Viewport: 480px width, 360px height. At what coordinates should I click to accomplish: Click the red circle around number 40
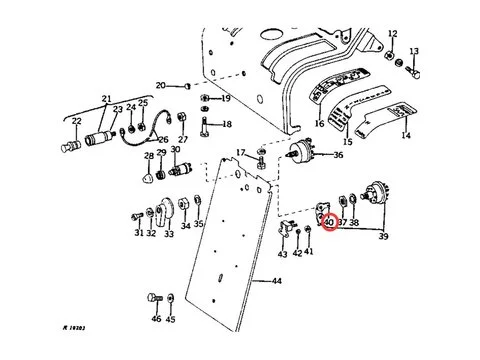coord(329,222)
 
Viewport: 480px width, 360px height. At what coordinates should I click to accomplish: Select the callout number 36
coord(337,155)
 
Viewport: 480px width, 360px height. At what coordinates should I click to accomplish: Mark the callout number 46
coord(155,319)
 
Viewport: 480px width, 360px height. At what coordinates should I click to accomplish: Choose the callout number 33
coord(168,234)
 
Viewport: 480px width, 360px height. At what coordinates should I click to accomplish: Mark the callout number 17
coord(240,151)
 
